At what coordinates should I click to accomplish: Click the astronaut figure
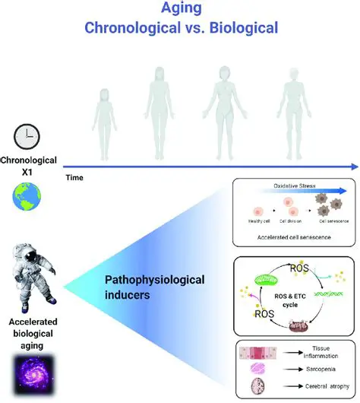click(28, 270)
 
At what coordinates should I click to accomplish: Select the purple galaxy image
click(29, 370)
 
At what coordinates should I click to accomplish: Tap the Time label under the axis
click(74, 176)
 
